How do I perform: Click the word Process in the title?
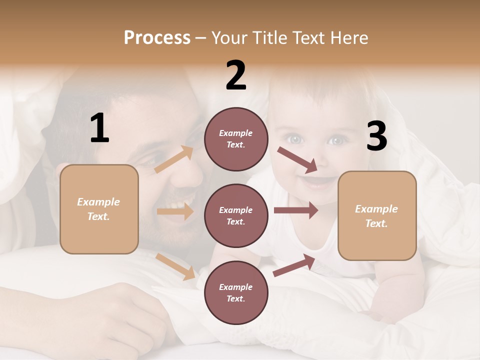coord(157,38)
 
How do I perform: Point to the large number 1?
coord(99,128)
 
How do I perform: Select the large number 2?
coord(236,75)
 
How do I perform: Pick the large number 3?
coord(376,136)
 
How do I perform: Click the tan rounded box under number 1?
coord(99,209)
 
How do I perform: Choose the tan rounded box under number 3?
coord(377,215)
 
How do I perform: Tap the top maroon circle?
coord(236,139)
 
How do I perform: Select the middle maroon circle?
coord(236,215)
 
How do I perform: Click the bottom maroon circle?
coord(236,292)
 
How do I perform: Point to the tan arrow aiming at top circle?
coord(174,159)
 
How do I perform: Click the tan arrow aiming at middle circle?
coord(175,211)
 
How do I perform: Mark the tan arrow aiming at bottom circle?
coord(175,266)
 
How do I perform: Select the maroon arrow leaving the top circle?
coord(298,159)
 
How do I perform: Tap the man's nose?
coord(192,170)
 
